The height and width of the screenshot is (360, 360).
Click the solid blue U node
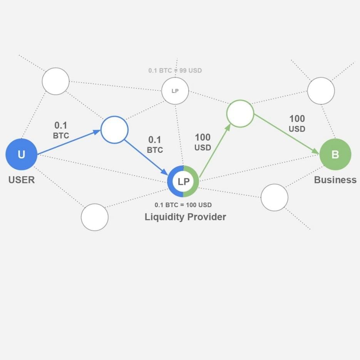(21, 154)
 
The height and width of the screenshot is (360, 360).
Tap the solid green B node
(335, 154)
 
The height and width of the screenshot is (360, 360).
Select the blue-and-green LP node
(183, 181)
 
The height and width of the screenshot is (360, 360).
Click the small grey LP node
(175, 91)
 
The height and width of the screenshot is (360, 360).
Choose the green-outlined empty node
(240, 114)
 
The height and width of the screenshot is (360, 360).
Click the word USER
(22, 180)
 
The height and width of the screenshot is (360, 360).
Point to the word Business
(335, 180)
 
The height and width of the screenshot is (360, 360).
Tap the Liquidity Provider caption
(185, 217)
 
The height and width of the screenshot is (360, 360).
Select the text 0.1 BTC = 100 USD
(183, 205)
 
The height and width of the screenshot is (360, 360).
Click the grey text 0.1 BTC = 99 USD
(175, 71)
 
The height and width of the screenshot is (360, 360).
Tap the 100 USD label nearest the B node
(297, 124)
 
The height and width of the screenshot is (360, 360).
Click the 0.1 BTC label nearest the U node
(61, 130)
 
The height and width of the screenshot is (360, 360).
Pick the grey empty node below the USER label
(95, 217)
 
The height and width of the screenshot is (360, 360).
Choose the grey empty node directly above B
(321, 91)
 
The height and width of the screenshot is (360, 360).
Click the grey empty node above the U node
(55, 81)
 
